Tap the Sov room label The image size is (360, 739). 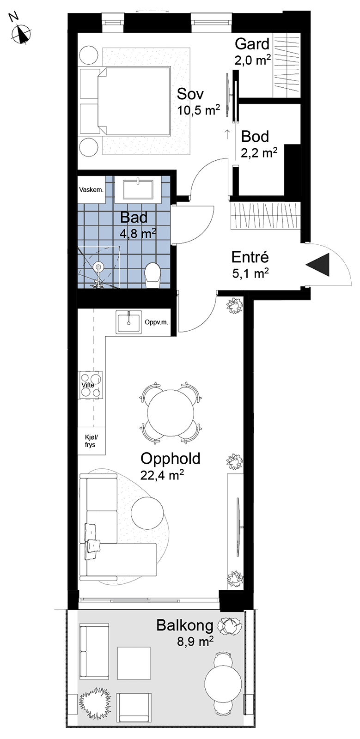coord(190,94)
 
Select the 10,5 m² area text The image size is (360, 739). coord(198,110)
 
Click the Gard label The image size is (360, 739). coord(252,44)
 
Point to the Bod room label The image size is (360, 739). coord(255,137)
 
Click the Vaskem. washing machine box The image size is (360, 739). coord(91,189)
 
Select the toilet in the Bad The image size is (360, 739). coord(153,275)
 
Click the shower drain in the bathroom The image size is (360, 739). coord(98,267)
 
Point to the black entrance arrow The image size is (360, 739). coord(318,265)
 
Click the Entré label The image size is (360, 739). coord(250,257)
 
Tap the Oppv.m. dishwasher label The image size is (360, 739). coord(156,322)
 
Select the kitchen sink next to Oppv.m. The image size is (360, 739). coord(129,322)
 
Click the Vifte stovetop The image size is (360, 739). coord(91,385)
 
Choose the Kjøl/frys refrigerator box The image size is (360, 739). coord(91,441)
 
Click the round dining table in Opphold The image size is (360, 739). coord(171,412)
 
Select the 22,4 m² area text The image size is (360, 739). coord(162,475)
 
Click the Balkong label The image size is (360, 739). coord(184,625)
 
